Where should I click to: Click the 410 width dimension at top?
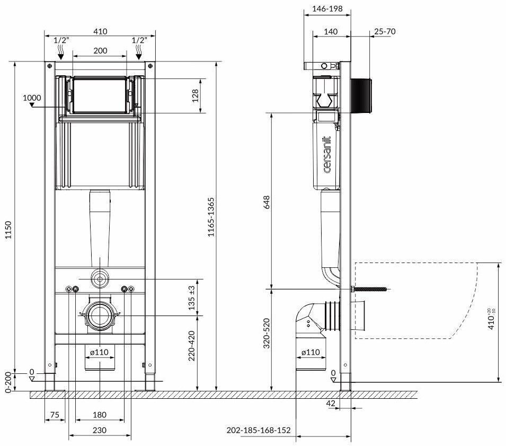(100, 31)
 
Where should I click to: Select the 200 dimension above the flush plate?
(100, 51)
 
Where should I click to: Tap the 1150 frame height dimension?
(8, 230)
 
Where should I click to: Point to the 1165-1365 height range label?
(210, 217)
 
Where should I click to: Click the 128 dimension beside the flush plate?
(195, 95)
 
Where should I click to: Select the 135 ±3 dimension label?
(191, 298)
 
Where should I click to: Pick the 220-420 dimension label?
(191, 346)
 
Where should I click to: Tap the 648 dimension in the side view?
(267, 202)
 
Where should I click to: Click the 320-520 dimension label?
(266, 333)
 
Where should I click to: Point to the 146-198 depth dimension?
(327, 8)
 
